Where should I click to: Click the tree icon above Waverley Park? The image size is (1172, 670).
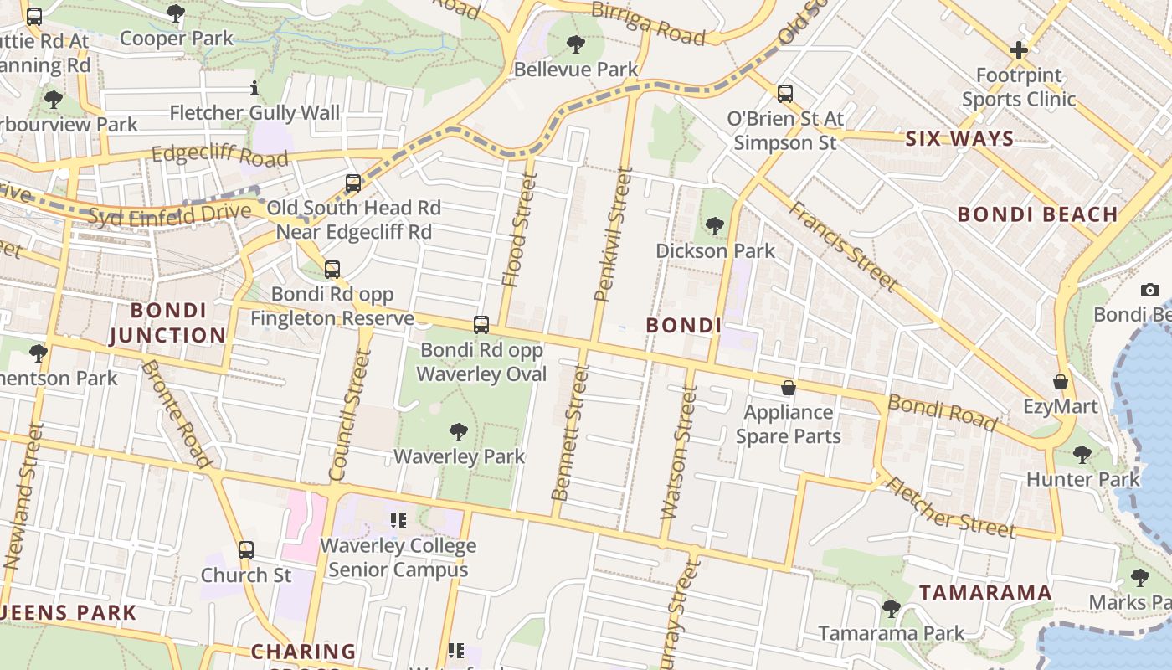(458, 432)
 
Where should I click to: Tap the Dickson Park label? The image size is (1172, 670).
(715, 250)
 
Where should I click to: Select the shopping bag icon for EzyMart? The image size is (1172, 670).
(1061, 382)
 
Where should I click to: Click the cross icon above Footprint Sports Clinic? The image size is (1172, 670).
(1018, 50)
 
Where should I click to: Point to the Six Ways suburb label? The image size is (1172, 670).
(959, 139)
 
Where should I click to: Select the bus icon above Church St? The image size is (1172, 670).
(245, 550)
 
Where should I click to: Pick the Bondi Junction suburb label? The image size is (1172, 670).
(167, 322)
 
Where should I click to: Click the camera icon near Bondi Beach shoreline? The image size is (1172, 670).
(1150, 290)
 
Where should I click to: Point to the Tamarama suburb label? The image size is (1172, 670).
(985, 593)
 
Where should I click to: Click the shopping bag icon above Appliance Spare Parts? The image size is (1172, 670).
(788, 388)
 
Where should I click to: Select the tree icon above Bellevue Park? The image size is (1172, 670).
(575, 44)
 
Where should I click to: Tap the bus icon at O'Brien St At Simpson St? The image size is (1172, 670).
(784, 93)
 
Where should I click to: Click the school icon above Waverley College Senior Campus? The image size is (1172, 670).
(398, 521)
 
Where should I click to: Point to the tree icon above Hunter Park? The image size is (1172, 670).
(1082, 455)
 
